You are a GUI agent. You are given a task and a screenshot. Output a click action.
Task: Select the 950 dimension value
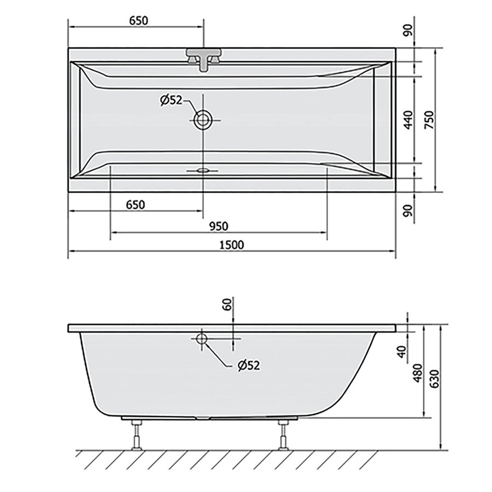pos(217,225)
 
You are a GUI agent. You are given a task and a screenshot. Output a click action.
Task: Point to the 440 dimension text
pos(407,120)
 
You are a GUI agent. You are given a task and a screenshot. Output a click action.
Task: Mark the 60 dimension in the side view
pos(228,304)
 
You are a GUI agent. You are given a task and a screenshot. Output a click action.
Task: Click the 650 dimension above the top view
pos(139,20)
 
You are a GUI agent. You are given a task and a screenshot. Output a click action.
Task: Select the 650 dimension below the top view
pos(135,205)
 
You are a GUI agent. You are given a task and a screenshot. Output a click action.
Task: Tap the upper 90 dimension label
pos(407,30)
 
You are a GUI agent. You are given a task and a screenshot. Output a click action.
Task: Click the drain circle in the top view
pos(203,120)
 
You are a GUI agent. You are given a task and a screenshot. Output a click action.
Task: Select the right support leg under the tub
pos(283,435)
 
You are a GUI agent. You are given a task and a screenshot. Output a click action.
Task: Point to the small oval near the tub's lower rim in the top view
pos(203,170)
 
